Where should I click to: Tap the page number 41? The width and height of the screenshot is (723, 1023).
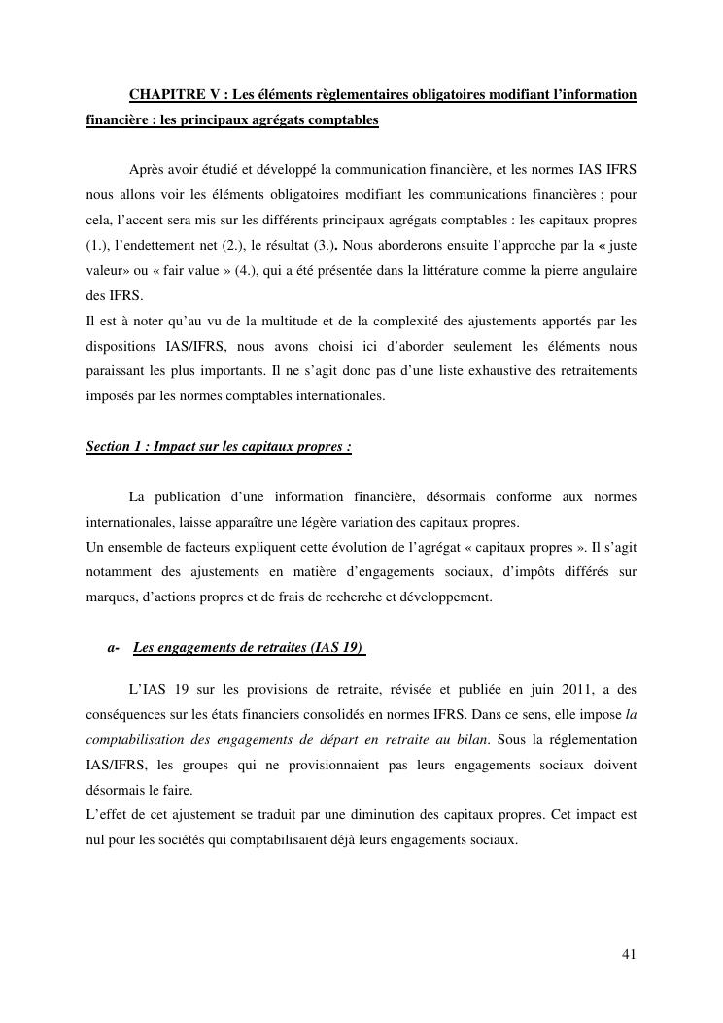[x=629, y=954]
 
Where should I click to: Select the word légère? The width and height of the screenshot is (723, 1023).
[x=337, y=522]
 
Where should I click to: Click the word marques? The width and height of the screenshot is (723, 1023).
[x=110, y=597]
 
